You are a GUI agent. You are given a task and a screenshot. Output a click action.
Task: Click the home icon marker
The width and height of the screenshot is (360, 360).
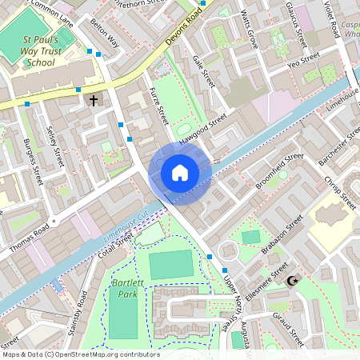point(180,173)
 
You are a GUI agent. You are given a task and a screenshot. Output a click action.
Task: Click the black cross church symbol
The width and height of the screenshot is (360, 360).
point(94,100)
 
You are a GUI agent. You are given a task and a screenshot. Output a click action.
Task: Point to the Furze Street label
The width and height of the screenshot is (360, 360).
point(158,105)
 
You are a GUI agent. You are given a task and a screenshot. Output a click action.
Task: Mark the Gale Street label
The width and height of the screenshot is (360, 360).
point(206,71)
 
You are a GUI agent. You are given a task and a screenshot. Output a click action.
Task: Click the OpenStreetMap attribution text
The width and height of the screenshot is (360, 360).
point(80,354)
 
